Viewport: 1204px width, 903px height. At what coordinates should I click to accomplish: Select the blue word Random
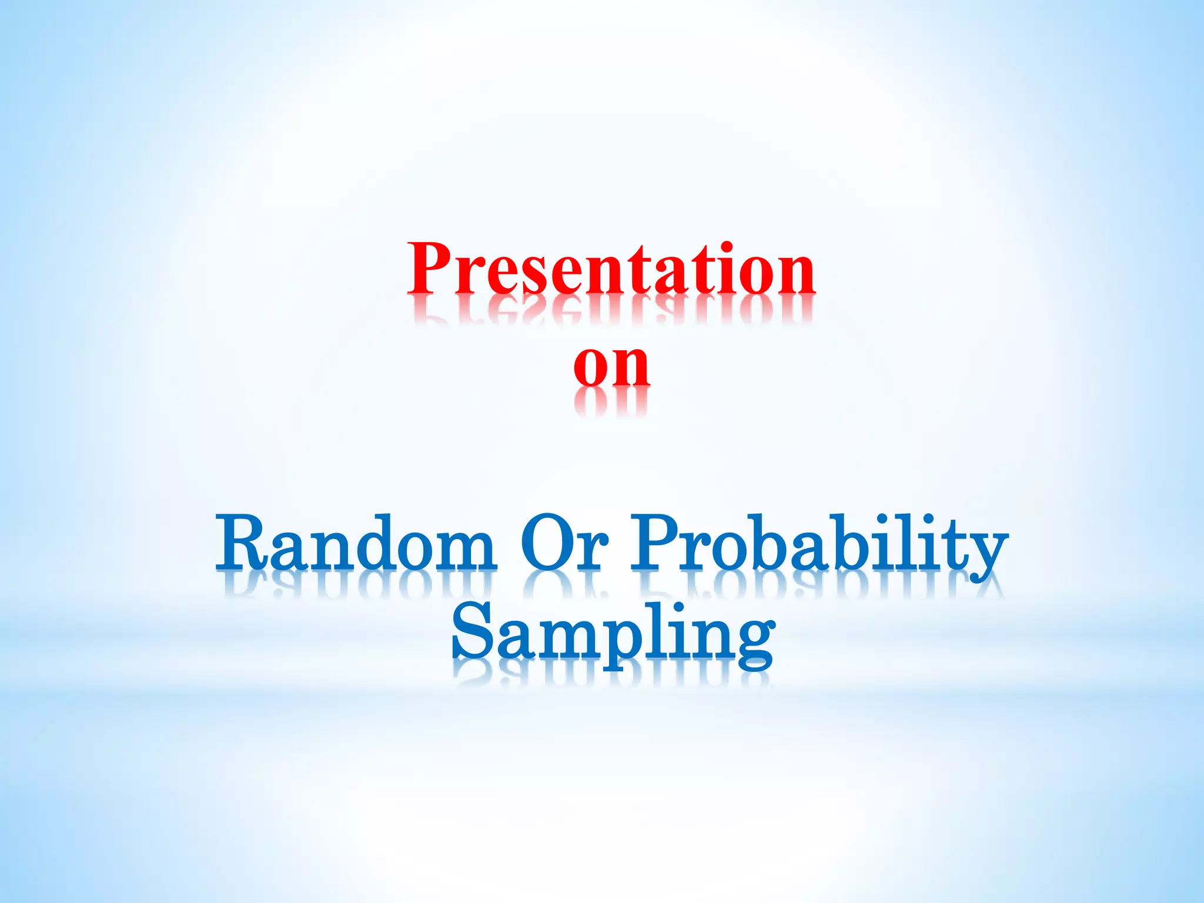tap(356, 544)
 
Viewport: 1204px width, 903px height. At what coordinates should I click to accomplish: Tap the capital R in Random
tap(241, 542)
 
